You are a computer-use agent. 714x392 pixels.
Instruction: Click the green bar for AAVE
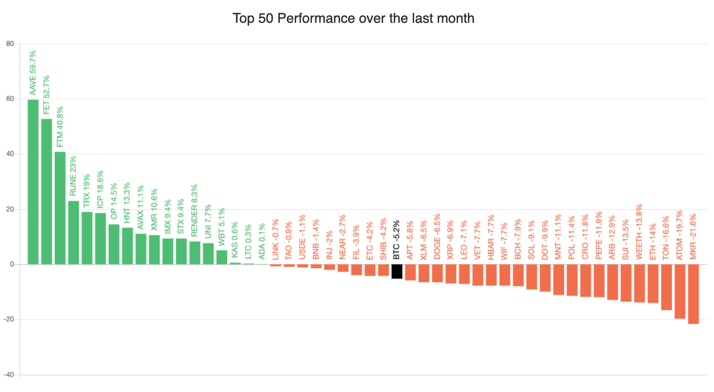33,182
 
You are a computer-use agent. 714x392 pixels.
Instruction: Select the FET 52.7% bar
46,191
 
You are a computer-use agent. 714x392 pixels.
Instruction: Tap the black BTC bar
397,271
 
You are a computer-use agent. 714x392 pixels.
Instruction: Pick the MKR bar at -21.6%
693,294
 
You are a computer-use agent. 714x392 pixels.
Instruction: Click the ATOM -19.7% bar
680,291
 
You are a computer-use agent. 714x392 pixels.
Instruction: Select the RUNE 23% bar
73,232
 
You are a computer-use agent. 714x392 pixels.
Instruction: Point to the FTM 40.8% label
60,127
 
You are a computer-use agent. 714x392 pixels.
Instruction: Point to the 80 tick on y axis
10,44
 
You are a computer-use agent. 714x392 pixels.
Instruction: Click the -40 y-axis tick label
9,375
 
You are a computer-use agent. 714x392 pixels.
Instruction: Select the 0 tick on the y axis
12,264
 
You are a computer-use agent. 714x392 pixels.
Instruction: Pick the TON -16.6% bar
666,287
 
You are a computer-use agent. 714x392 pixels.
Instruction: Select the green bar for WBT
222,257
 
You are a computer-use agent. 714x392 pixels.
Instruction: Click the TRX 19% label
87,190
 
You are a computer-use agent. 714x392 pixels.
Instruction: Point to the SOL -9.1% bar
531,277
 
